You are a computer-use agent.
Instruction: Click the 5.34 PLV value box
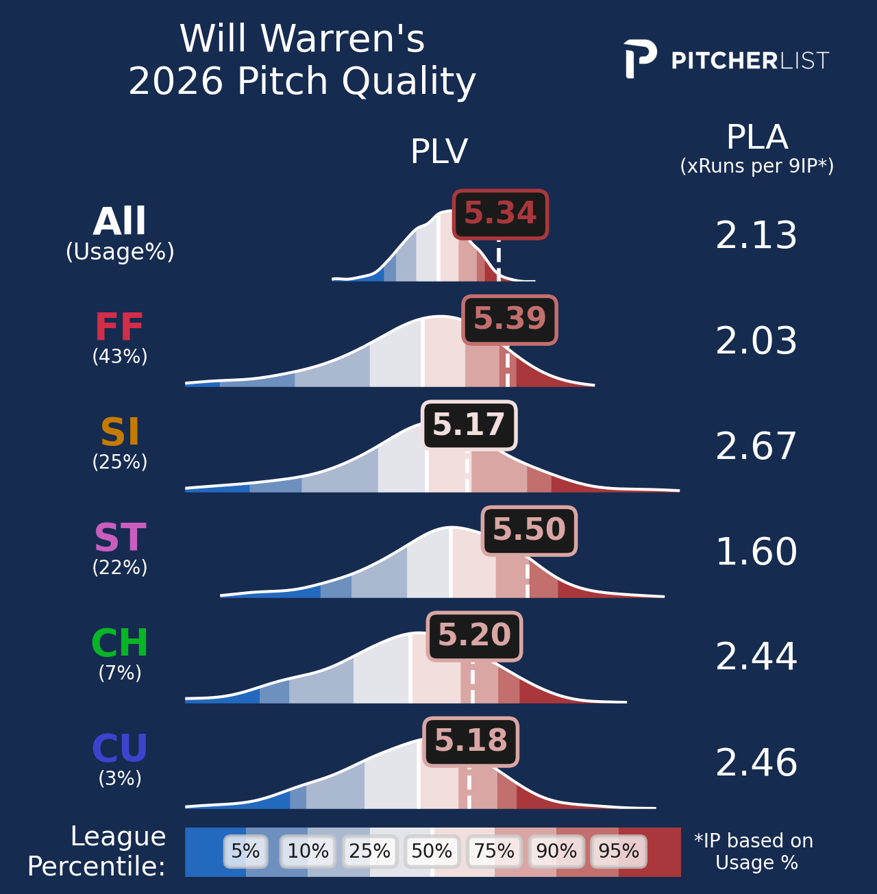click(x=500, y=214)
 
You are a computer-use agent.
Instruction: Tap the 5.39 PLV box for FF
click(x=510, y=320)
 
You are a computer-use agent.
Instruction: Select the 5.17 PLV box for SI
click(x=469, y=425)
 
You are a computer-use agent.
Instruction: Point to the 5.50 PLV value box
click(x=529, y=531)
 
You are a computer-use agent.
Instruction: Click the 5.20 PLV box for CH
click(x=474, y=636)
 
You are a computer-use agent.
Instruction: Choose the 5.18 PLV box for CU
click(x=471, y=742)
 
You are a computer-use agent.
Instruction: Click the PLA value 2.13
click(x=756, y=236)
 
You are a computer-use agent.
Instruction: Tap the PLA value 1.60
click(x=756, y=553)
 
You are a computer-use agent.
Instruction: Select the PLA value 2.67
click(x=756, y=447)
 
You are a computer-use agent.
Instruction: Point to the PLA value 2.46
click(x=756, y=764)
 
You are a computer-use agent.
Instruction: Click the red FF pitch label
click(x=119, y=327)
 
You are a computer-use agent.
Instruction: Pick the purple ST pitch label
click(x=120, y=538)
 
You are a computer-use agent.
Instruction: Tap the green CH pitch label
click(x=120, y=644)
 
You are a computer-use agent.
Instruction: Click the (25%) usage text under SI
click(x=120, y=462)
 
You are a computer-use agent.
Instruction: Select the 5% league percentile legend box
click(x=245, y=852)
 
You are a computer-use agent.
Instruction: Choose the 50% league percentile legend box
click(x=432, y=852)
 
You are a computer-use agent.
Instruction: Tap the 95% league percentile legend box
click(x=618, y=852)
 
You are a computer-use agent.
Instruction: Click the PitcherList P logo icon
click(x=639, y=59)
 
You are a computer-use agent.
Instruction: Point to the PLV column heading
click(x=439, y=152)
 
